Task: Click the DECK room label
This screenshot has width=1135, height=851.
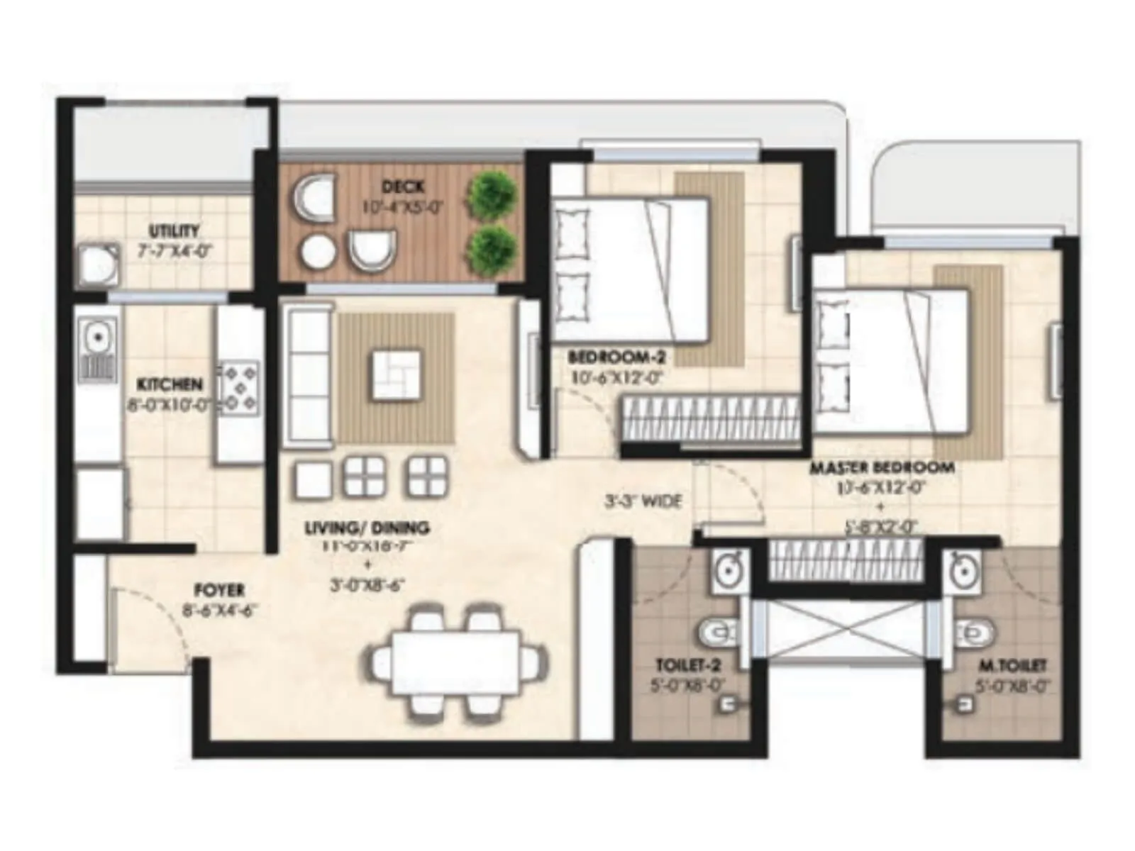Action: (x=403, y=187)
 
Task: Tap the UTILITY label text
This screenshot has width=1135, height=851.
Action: (x=174, y=231)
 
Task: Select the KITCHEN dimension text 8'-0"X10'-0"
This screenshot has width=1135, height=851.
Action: (x=170, y=406)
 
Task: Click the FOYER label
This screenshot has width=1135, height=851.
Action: (x=219, y=590)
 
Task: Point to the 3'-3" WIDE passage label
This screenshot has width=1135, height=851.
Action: (x=643, y=502)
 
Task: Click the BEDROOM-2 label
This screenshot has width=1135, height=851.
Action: (x=616, y=358)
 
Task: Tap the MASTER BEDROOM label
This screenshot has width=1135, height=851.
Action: (x=882, y=468)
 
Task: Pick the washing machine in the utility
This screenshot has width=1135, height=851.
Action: (x=98, y=265)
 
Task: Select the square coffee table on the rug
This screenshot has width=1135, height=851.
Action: (x=396, y=374)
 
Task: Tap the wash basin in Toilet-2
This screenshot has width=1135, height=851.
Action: (x=729, y=570)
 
